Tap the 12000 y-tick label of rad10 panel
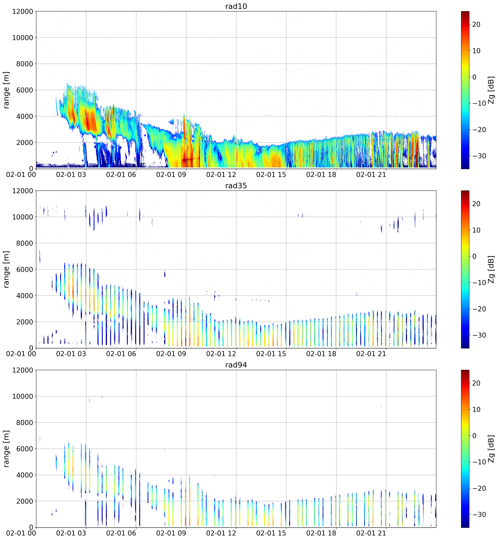[23, 12]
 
